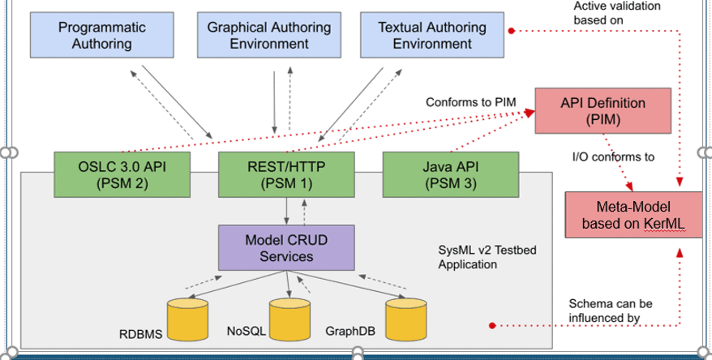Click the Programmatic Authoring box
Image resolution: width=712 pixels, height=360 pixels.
pos(101,35)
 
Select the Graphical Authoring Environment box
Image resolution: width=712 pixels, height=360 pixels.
pos(268,35)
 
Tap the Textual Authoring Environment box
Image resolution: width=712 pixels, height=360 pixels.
pos(432,35)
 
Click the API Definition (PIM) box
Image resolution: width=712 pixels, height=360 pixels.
pos(603,111)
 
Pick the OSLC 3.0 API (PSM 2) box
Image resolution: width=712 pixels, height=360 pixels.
pos(122,175)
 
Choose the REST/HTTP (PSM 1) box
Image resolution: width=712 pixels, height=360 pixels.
pos(286,175)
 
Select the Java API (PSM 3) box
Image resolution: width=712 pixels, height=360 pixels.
pos(451,175)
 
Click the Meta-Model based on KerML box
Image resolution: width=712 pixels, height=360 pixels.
pos(633,215)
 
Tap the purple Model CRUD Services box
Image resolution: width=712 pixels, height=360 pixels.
pos(286,248)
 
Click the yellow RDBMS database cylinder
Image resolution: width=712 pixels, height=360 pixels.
pos(187,319)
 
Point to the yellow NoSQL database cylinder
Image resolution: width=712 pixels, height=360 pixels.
pos(290,319)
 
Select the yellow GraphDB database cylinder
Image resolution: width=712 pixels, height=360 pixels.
pos(406,319)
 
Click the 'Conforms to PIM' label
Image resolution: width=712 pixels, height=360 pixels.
pos(471,102)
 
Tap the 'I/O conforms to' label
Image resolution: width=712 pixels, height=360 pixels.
pos(613,157)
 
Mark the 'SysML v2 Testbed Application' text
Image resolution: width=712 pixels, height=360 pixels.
pos(487,257)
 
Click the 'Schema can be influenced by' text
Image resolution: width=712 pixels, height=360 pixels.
pos(611,311)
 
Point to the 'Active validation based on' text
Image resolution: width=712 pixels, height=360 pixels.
pos(616,13)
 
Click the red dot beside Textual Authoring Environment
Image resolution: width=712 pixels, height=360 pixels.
pos(512,31)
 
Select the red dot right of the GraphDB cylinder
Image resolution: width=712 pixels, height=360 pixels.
pos(492,325)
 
